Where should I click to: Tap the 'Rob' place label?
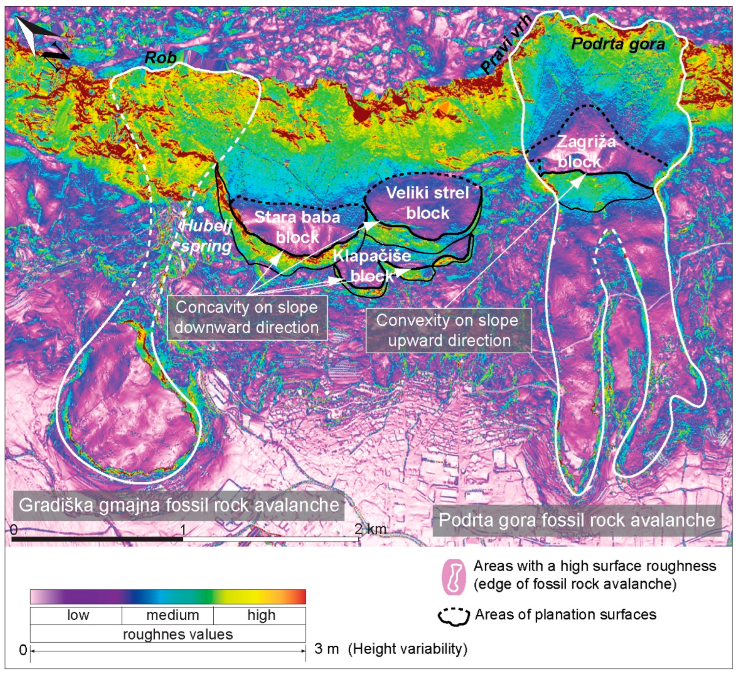(x=160, y=57)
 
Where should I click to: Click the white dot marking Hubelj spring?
(x=200, y=209)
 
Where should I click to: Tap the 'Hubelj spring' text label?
(x=206, y=236)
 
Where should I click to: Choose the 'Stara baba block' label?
(x=297, y=227)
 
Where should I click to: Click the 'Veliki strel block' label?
(x=428, y=203)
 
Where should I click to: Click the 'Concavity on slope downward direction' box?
(x=247, y=317)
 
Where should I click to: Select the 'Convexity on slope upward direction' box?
(x=448, y=330)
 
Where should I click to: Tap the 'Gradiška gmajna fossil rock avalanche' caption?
(x=179, y=506)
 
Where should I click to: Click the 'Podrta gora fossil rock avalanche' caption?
(x=577, y=520)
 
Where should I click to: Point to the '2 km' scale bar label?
(x=370, y=529)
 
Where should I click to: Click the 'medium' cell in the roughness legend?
(x=172, y=615)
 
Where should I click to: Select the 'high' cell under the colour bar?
(x=261, y=615)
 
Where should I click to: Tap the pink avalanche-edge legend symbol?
(x=454, y=577)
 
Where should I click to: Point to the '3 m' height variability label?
(x=326, y=649)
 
